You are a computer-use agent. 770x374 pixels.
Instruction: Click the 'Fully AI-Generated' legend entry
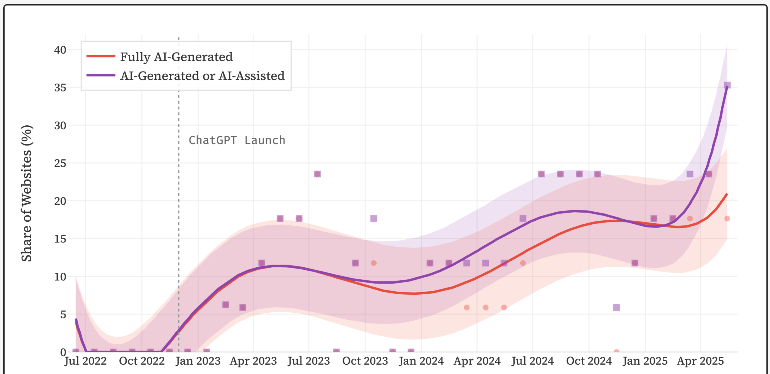click(176, 57)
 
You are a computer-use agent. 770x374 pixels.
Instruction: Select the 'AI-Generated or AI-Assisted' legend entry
click(202, 76)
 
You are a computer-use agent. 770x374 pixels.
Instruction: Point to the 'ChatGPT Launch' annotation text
click(237, 140)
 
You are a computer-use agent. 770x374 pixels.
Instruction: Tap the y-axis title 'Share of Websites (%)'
click(26, 193)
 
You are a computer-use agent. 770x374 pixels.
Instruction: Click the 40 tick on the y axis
click(60, 50)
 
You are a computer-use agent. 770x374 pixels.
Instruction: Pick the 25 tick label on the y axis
click(60, 163)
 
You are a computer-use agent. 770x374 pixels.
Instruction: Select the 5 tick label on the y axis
click(63, 314)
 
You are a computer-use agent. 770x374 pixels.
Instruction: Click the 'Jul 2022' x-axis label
click(86, 361)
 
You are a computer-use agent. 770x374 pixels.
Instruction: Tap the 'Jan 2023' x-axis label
click(198, 361)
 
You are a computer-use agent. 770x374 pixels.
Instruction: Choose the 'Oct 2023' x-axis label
click(365, 361)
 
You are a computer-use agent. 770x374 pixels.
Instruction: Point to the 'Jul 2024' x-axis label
click(533, 361)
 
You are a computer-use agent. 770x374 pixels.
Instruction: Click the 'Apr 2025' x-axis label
click(700, 361)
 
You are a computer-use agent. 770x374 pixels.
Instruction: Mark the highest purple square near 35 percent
click(727, 85)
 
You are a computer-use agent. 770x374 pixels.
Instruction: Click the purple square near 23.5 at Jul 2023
click(317, 174)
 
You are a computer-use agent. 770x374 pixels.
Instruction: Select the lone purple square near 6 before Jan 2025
click(616, 308)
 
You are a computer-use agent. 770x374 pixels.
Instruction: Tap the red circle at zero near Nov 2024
click(616, 351)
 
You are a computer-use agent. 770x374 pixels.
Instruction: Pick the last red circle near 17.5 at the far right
click(727, 219)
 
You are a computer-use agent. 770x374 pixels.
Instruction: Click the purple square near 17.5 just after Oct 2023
click(374, 219)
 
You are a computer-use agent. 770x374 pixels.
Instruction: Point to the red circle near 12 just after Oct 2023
click(374, 263)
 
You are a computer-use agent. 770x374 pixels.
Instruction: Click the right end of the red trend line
click(727, 194)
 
